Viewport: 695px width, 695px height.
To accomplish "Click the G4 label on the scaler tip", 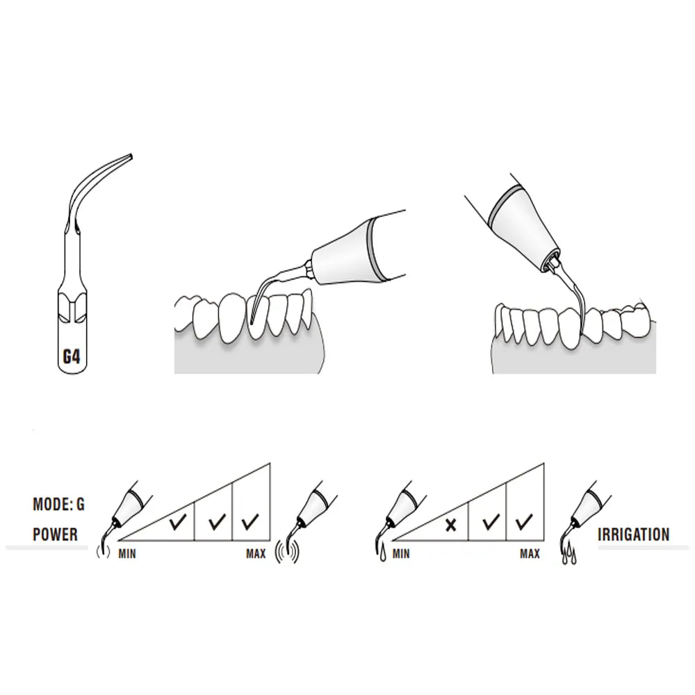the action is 72,357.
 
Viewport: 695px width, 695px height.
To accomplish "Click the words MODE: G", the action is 58,505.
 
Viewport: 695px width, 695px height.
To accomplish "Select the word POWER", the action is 56,534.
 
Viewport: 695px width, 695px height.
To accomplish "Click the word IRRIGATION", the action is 634,534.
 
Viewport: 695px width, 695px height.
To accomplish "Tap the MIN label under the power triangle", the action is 127,554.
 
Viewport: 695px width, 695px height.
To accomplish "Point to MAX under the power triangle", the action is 256,554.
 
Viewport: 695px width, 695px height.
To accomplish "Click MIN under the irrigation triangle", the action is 401,554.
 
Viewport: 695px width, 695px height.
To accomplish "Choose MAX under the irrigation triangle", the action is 530,554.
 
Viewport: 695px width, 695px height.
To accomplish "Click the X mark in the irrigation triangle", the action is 451,525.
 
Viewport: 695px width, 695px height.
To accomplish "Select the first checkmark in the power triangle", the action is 178,521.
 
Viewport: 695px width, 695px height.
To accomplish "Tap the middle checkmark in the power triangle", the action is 217,521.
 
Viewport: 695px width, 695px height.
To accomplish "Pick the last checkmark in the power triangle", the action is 250,521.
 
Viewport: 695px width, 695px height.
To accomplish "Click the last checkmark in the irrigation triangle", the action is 524,521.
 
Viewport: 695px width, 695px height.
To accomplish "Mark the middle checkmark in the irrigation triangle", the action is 491,521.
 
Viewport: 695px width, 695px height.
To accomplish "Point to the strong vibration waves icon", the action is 287,552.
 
